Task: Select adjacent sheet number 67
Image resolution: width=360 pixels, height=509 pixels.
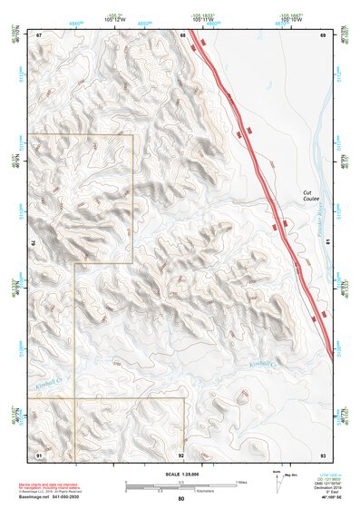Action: pyautogui.click(x=39, y=34)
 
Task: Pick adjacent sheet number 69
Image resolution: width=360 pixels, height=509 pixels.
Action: pyautogui.click(x=322, y=34)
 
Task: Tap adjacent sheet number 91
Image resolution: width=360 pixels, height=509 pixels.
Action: pyautogui.click(x=39, y=454)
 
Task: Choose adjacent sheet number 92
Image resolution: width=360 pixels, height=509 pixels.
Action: pyautogui.click(x=181, y=454)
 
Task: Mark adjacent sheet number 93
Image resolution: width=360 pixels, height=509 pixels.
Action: pyautogui.click(x=322, y=454)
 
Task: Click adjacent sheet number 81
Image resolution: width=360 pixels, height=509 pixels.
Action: pyautogui.click(x=327, y=242)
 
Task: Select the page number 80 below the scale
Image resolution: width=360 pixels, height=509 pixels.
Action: pyautogui.click(x=180, y=498)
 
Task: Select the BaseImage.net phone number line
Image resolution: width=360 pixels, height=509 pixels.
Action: pyautogui.click(x=55, y=497)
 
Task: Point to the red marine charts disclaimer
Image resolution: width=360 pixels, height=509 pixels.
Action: pyautogui.click(x=54, y=482)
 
